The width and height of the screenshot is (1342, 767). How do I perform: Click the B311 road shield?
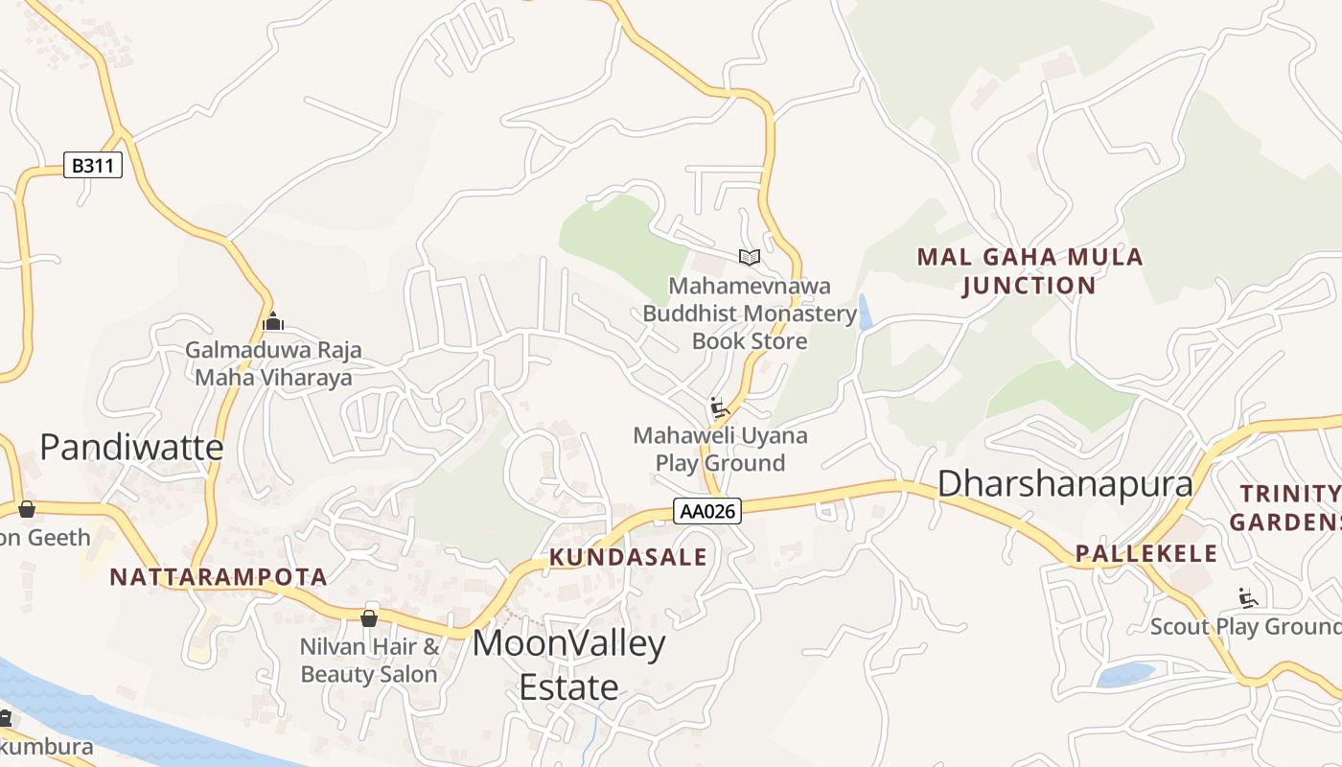tap(93, 165)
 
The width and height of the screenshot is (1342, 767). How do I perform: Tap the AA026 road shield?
tap(707, 511)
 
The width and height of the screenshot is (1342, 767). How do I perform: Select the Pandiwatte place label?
tap(131, 447)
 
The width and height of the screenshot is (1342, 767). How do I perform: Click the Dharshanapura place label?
tap(1065, 483)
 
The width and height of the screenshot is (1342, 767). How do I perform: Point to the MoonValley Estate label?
tap(568, 664)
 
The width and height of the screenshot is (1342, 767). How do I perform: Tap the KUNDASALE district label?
tap(628, 557)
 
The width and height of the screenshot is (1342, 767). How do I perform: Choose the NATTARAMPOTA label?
tap(219, 577)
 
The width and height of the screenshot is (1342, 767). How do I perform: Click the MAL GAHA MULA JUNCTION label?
tap(1030, 271)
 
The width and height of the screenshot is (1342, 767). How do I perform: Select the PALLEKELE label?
tap(1146, 553)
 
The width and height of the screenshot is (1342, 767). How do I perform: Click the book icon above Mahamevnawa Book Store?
tap(749, 257)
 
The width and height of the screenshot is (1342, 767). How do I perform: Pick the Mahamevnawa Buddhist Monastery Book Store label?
tap(750, 314)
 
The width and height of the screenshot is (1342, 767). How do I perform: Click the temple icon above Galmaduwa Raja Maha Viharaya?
tap(273, 321)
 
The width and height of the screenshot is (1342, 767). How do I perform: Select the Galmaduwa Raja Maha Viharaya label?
tap(273, 363)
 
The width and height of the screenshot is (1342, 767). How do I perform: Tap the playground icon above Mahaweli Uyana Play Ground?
tap(719, 407)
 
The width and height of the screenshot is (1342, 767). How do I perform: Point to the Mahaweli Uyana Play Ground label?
tap(720, 449)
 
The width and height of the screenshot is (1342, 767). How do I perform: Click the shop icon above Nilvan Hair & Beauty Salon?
tap(368, 618)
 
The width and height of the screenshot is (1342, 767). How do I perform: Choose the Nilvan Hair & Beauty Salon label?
tap(369, 661)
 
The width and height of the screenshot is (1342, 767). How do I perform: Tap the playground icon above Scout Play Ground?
tap(1247, 598)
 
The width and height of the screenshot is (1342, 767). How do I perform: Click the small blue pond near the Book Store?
tap(865, 313)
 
